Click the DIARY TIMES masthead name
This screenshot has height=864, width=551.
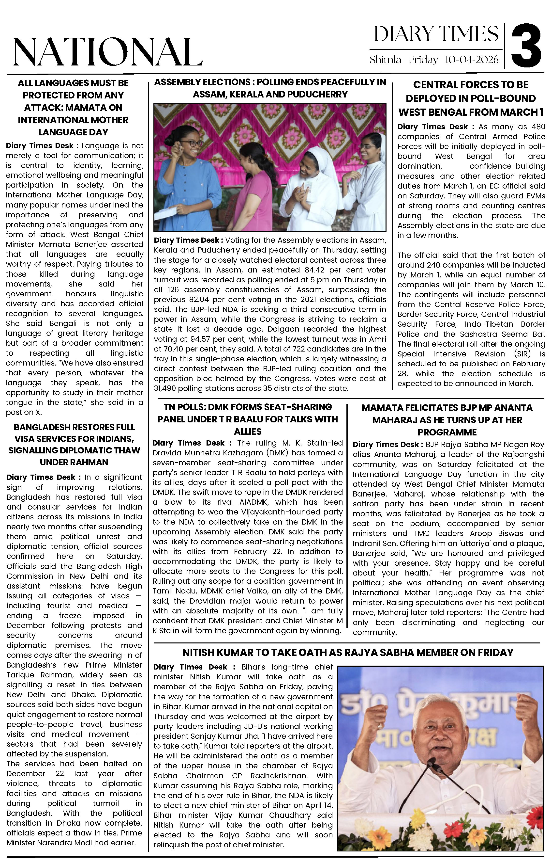coord(436,35)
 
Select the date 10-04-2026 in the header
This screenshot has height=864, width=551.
coord(472,60)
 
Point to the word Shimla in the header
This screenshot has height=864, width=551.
coord(385,60)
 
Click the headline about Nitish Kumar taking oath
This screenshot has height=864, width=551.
coord(348,652)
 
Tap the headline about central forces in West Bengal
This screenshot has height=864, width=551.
coord(471,98)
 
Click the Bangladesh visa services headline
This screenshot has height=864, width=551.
coord(74,445)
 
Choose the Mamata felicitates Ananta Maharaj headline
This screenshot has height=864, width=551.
coord(447,420)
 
